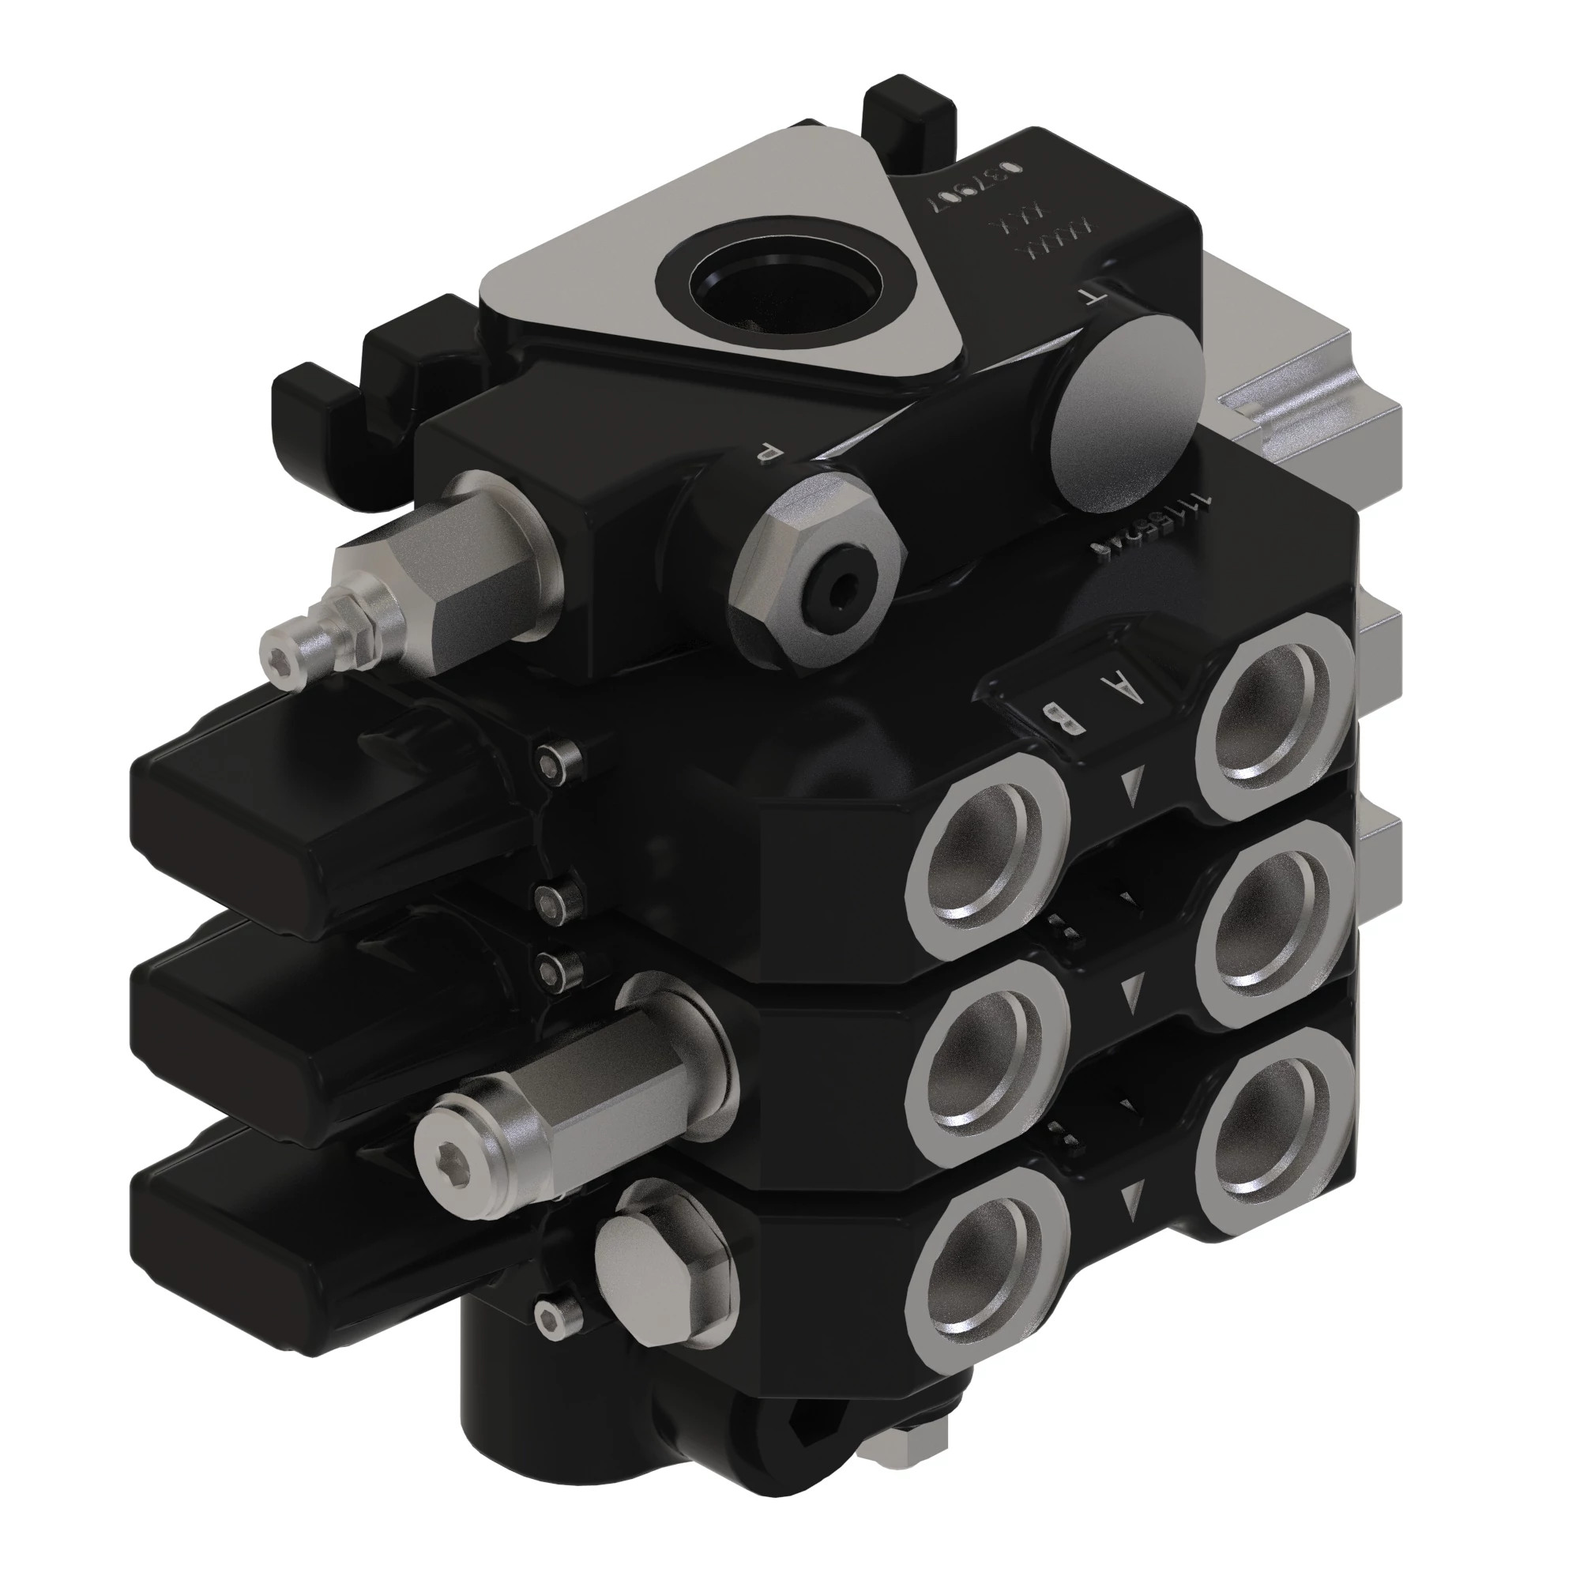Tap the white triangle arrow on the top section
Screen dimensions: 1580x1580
(1132, 786)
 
